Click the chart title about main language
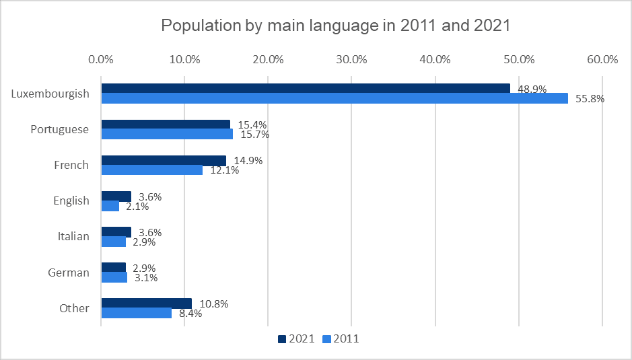[336, 26]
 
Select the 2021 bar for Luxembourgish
[305, 88]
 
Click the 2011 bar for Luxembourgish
[334, 98]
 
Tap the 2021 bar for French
[164, 160]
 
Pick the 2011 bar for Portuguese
[167, 134]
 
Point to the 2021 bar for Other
[146, 303]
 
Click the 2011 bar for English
[110, 206]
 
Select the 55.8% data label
[590, 99]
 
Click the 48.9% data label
[532, 89]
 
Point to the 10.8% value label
[214, 303]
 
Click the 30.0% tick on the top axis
[351, 59]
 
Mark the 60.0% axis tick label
[602, 59]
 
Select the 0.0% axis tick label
[101, 59]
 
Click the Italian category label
[71, 236]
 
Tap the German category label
[69, 273]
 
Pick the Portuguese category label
[60, 129]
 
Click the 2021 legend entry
[295, 339]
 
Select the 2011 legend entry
[341, 339]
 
